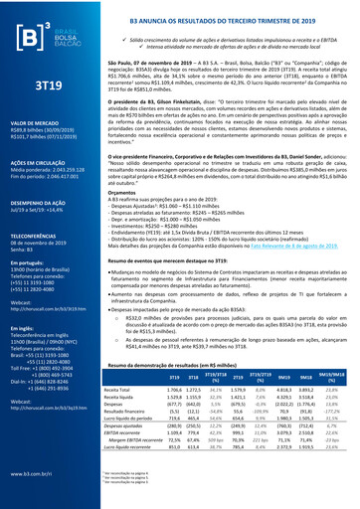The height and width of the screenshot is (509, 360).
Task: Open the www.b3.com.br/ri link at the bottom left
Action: click(30, 475)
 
